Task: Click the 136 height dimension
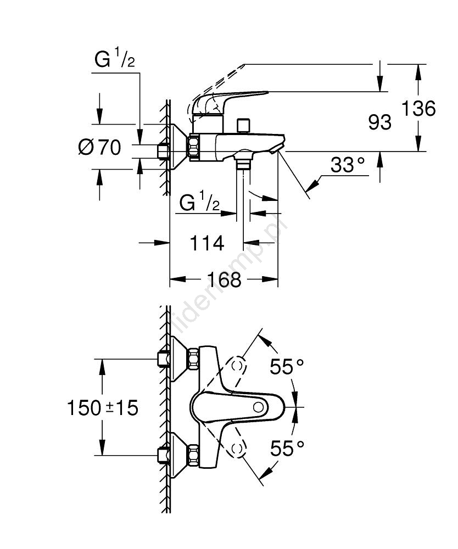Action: (418, 108)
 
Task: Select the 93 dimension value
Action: (379, 122)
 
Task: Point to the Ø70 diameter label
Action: (99, 147)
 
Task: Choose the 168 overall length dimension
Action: (224, 279)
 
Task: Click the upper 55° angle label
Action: (287, 366)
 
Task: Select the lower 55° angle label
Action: (287, 449)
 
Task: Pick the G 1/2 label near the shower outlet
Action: (200, 204)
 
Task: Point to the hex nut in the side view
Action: (195, 148)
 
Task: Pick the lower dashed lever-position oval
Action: (238, 449)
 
